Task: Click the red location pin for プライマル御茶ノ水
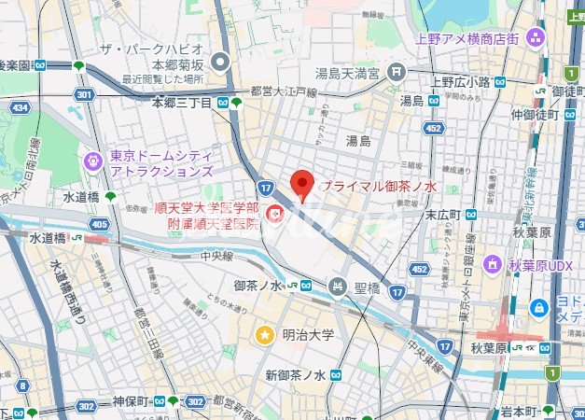pos(299,185)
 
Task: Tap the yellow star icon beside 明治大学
pos(266,334)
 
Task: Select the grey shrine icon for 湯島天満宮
pos(397,71)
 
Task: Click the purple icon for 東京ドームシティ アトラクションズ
pos(92,161)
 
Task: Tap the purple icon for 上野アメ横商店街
pos(536,37)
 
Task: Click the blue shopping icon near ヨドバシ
pos(538,307)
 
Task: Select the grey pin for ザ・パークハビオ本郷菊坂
pos(221,63)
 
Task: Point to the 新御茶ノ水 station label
pos(294,375)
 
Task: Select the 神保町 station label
pos(131,401)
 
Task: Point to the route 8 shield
pos(21,385)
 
